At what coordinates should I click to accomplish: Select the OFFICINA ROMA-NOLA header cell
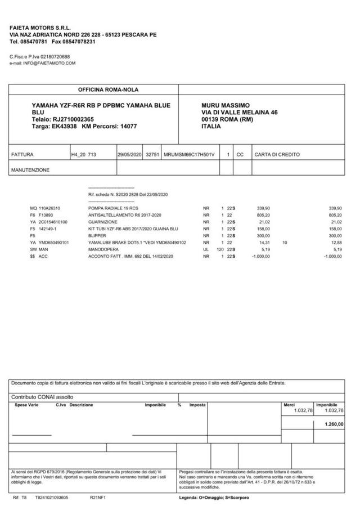(108, 90)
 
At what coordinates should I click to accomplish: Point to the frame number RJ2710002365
(73, 119)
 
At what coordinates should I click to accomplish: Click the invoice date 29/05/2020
(129, 154)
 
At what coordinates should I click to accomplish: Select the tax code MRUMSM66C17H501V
(189, 154)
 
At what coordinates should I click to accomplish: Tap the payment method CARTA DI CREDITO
(277, 154)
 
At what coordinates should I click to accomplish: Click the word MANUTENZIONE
(30, 169)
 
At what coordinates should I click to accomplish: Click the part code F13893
(46, 214)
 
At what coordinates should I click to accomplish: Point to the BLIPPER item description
(97, 235)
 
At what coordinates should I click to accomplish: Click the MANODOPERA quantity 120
(220, 249)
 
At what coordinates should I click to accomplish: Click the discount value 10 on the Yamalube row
(285, 243)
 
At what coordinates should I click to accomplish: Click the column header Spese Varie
(26, 405)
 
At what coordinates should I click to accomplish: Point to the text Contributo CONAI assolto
(42, 397)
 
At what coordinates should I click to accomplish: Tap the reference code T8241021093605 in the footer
(52, 498)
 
